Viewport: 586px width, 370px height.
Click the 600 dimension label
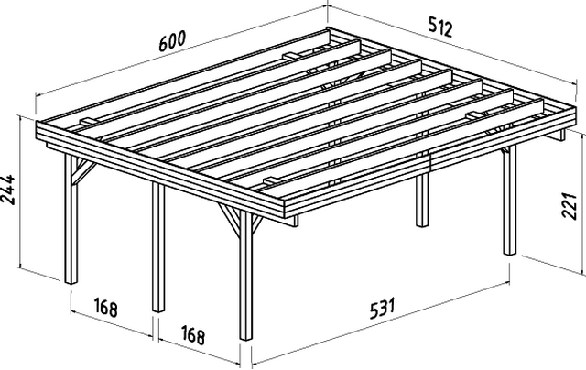(172, 41)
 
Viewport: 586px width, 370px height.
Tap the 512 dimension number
(440, 27)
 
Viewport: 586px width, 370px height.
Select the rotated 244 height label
(8, 189)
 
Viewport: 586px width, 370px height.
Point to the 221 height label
(570, 205)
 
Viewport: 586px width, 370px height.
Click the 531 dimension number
(383, 308)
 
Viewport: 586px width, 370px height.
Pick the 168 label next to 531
(193, 335)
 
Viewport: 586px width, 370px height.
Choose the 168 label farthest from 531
(106, 307)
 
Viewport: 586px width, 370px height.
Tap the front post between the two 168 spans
(158, 246)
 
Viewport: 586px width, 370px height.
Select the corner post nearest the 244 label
(71, 219)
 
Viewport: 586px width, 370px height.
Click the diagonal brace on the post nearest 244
(83, 172)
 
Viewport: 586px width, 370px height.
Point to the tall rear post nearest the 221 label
(509, 200)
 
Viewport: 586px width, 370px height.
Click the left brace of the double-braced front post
(230, 220)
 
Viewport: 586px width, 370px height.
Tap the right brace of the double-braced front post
(257, 223)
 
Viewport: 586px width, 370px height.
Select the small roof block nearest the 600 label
(293, 57)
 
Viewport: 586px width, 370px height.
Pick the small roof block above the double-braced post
(274, 181)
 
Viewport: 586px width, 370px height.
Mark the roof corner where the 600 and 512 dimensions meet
(328, 28)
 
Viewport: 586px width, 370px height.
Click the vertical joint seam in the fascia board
(430, 160)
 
